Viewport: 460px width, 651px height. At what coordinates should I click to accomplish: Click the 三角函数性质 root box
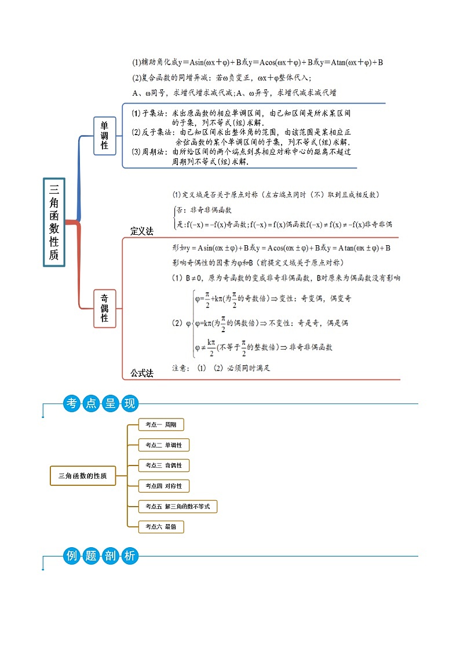(54, 221)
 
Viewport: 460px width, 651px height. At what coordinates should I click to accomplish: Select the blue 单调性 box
(105, 136)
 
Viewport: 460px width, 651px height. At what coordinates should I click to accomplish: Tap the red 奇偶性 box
(105, 308)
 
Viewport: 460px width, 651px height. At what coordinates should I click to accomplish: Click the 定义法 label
(141, 231)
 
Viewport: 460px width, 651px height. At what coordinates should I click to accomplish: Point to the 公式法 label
(141, 373)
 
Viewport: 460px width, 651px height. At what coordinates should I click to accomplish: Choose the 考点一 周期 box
(161, 425)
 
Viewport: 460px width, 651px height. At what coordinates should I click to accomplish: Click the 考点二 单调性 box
(164, 445)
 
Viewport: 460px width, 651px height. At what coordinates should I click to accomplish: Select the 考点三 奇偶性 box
(164, 465)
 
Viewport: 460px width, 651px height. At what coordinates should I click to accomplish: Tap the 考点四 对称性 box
(164, 486)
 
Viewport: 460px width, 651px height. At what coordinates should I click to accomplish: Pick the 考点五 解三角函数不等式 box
(178, 507)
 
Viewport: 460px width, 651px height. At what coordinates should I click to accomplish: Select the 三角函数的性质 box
(83, 475)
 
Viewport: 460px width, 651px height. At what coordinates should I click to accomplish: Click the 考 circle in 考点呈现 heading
(72, 404)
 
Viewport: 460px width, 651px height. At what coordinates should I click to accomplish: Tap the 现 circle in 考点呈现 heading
(129, 404)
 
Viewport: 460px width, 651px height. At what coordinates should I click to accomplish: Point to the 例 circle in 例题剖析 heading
(72, 557)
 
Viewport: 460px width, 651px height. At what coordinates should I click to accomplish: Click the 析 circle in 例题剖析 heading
(129, 557)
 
